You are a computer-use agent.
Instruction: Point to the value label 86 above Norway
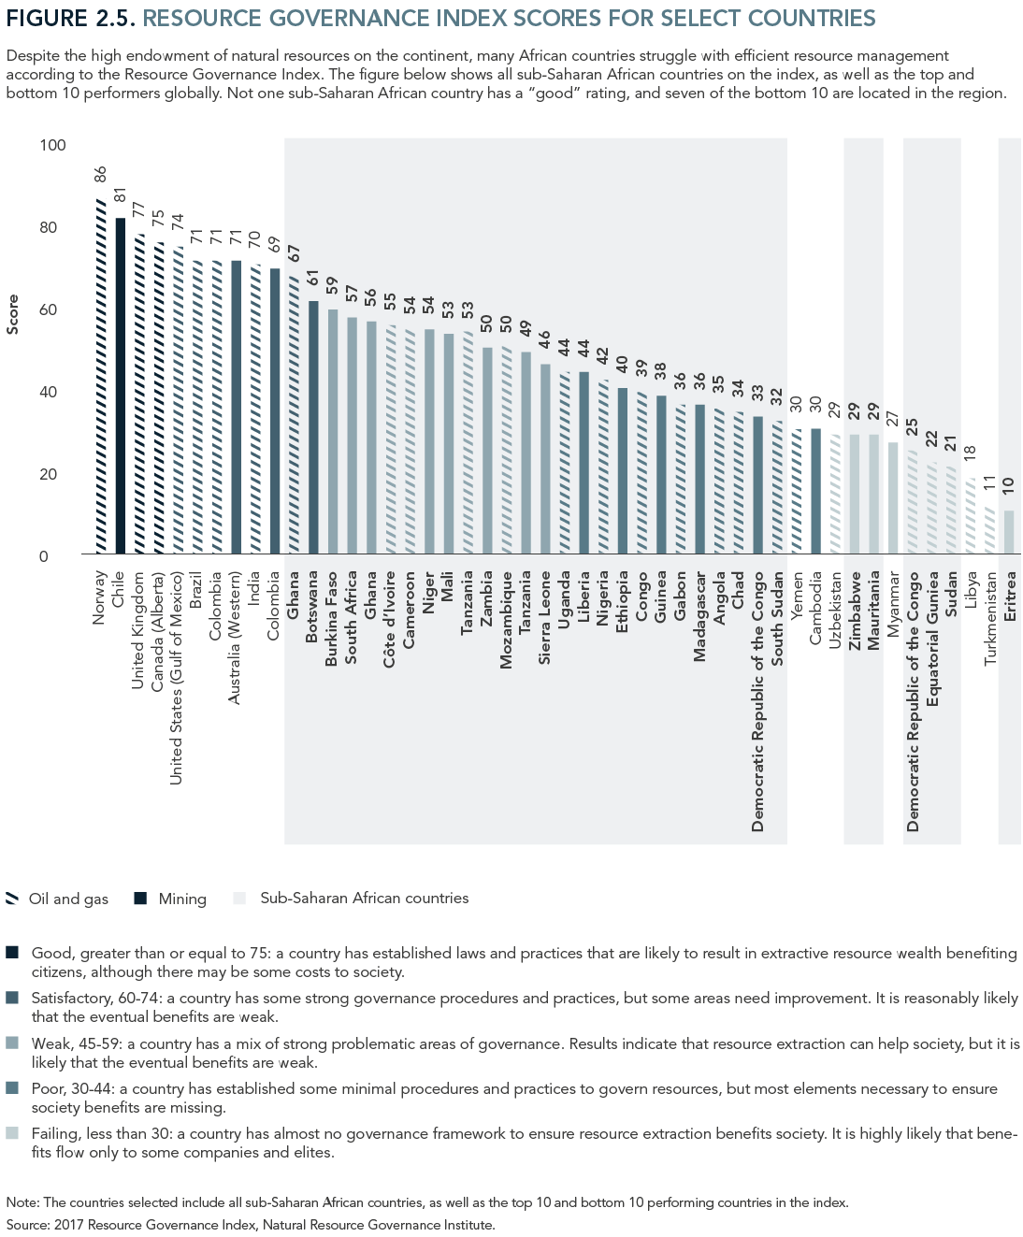101,175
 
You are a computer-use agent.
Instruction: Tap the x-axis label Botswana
312,604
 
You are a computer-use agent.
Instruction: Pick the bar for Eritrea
1009,532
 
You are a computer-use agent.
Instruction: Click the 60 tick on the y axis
48,309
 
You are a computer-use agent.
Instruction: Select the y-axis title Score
13,314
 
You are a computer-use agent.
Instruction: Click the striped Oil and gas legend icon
12,899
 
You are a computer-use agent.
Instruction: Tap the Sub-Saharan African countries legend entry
364,899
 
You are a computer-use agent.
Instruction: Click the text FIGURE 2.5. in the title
70,18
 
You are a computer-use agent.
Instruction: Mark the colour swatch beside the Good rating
12,953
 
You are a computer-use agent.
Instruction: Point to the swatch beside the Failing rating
12,1133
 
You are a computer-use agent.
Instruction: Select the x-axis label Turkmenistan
990,617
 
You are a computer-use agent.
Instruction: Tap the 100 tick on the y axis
52,145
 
